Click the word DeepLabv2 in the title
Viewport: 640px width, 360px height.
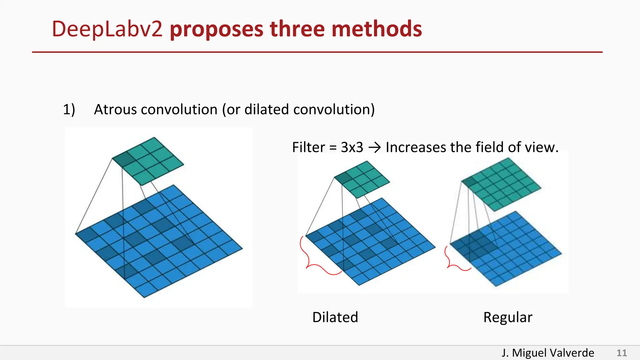(107, 29)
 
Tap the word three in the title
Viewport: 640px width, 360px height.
(297, 29)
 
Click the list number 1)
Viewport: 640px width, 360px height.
(69, 109)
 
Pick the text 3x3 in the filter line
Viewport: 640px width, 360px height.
(352, 147)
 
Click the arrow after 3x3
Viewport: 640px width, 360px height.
(374, 147)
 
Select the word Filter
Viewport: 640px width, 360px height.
(308, 147)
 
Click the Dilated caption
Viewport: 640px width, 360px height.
(335, 317)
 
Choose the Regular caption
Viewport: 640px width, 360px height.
(507, 317)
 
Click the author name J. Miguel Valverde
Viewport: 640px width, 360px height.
(547, 353)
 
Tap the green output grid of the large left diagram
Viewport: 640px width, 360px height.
(148, 161)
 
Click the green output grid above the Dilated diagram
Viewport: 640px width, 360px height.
(362, 179)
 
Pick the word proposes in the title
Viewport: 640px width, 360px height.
(217, 29)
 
